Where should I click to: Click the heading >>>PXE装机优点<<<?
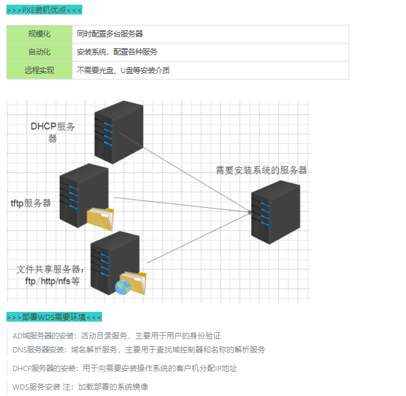(44, 10)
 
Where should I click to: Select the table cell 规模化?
(39, 34)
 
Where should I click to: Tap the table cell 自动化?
(39, 52)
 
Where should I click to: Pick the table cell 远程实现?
(39, 70)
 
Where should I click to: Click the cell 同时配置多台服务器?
(110, 34)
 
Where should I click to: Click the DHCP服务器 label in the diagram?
(53, 131)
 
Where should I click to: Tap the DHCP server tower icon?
(118, 132)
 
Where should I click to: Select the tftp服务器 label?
(31, 203)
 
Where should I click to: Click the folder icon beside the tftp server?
(100, 219)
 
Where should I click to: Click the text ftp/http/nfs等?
(52, 282)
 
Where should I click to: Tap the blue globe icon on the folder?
(122, 287)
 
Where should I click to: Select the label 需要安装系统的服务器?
(261, 170)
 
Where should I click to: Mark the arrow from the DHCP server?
(197, 179)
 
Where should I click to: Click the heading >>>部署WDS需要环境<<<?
(54, 317)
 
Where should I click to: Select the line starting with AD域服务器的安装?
(117, 336)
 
